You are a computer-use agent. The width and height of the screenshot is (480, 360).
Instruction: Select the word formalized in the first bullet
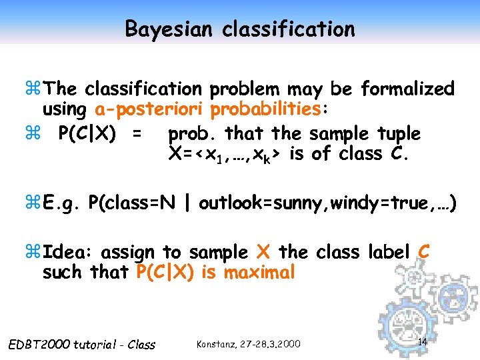tap(407, 89)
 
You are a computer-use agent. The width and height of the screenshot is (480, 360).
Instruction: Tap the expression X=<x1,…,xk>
tap(224, 155)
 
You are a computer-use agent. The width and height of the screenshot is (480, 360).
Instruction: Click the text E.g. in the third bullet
tap(63, 203)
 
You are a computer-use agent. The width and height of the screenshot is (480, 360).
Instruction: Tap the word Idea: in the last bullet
tap(69, 252)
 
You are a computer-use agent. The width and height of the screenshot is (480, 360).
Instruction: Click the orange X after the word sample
tap(263, 252)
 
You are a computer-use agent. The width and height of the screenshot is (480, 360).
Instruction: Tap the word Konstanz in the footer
tap(218, 344)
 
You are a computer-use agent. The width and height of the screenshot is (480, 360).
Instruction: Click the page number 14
tap(421, 341)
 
